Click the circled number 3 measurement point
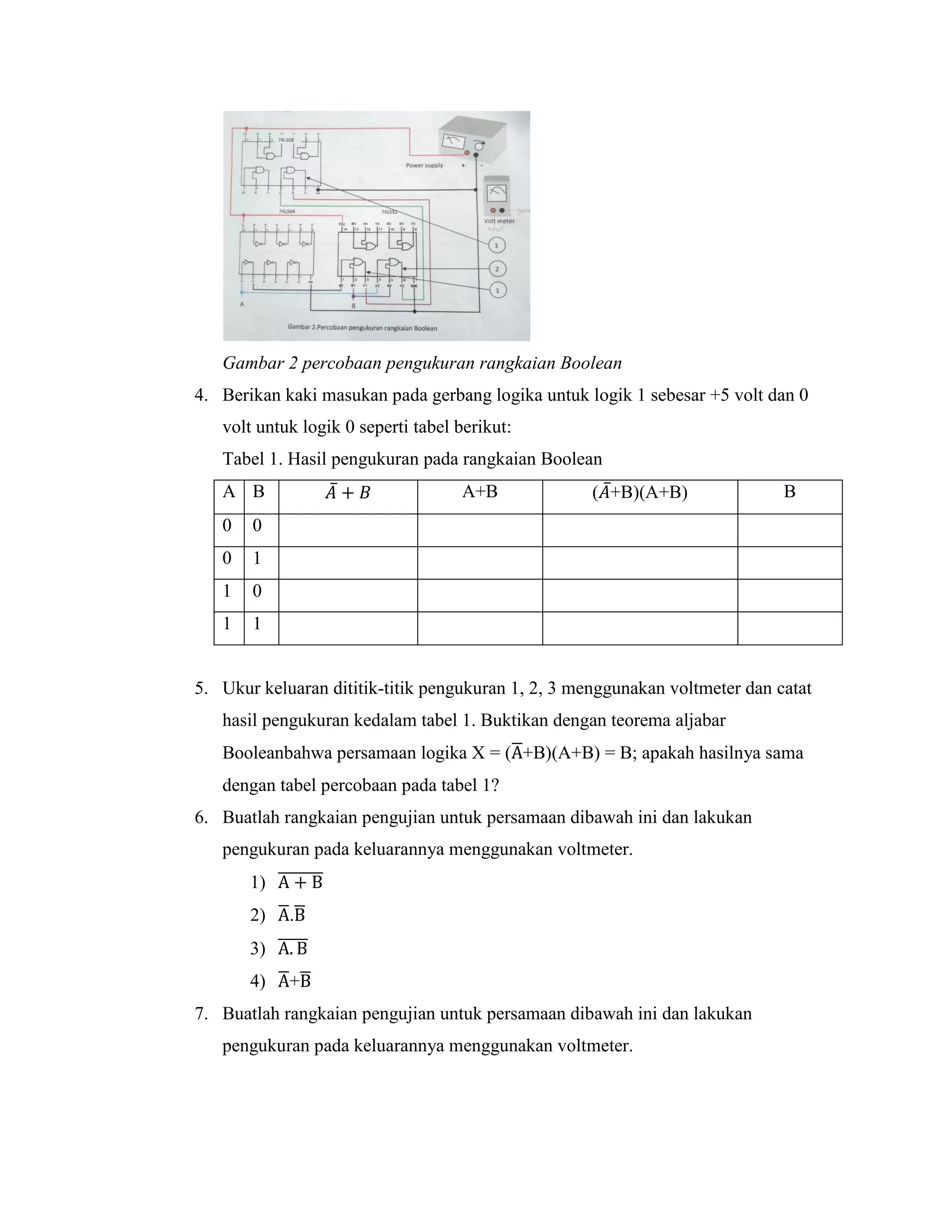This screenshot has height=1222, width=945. coord(496,245)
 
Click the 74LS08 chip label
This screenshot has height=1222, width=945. coord(286,139)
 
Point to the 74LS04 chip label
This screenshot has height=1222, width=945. coord(287,212)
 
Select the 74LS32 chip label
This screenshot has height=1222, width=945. coord(389,212)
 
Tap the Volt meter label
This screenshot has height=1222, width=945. coord(499,221)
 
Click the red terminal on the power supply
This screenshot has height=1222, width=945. coord(467,152)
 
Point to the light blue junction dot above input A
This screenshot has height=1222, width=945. coord(242,291)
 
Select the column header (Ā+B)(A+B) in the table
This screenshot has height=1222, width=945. coord(640,492)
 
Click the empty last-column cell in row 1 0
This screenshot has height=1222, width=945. coord(789,595)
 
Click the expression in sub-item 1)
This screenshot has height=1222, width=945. coord(300,882)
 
